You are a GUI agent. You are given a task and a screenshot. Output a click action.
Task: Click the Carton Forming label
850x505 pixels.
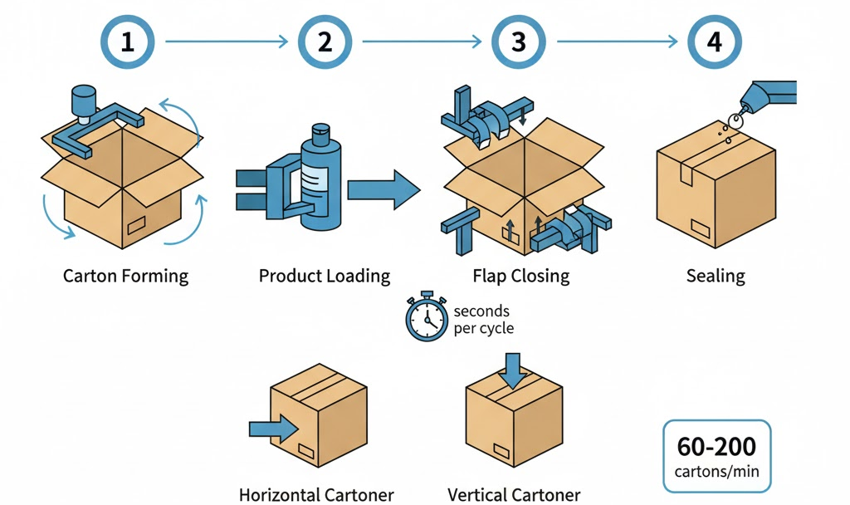126,276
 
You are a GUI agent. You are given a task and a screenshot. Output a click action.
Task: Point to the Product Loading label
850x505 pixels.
325,276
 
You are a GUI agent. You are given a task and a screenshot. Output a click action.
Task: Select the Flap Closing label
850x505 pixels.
521,276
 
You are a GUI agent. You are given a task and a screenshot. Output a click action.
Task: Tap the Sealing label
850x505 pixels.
716,276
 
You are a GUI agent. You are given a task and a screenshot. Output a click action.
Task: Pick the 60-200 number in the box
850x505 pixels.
716,448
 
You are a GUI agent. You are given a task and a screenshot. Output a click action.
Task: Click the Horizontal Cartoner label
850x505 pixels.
316,495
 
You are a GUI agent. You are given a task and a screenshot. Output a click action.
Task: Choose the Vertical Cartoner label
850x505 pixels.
514,495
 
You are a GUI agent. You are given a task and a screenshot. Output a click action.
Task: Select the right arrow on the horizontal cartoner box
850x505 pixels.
275,429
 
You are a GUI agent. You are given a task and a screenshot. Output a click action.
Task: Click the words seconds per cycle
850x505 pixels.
483,320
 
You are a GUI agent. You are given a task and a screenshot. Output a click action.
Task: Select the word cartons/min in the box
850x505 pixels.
716,474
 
